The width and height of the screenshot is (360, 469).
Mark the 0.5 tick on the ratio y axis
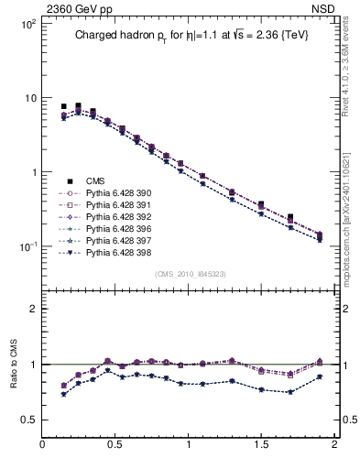[x=27, y=420]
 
